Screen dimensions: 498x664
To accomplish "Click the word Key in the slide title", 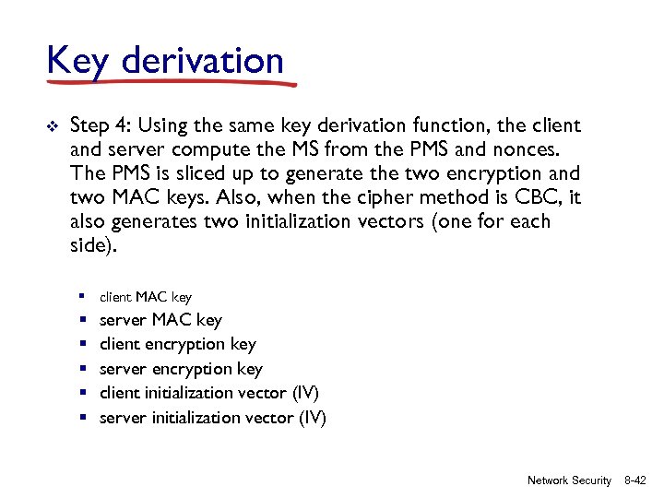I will (77, 61).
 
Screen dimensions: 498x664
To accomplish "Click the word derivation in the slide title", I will (202, 61).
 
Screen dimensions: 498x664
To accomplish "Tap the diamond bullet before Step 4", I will (53, 126).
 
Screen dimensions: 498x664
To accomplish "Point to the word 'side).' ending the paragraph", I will (93, 245).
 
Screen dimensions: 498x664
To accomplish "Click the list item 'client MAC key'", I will (145, 297).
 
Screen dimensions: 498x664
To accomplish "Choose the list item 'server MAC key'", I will (160, 320).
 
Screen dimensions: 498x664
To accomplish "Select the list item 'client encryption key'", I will (177, 344).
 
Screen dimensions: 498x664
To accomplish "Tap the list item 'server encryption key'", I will (181, 369).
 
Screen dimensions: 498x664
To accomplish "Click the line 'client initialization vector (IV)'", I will (208, 393).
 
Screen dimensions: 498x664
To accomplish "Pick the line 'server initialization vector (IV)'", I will (212, 417).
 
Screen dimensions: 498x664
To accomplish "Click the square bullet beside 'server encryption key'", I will (83, 369).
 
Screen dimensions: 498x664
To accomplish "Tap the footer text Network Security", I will (569, 480).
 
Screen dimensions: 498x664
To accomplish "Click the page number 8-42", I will (634, 480).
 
